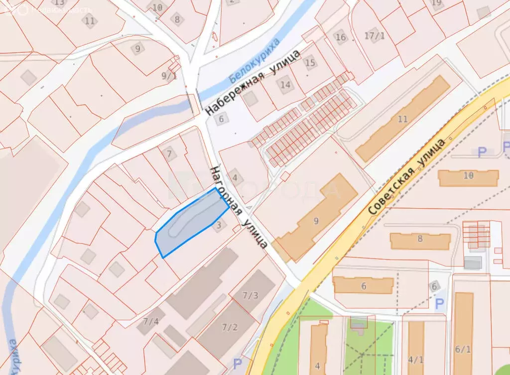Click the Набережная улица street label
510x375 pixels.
pos(254,82)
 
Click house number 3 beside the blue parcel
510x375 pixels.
pos(219,226)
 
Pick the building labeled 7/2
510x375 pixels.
pos(230,327)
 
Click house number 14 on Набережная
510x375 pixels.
pos(285,85)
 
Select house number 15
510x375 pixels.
pos(310,63)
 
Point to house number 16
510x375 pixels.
pos(341,37)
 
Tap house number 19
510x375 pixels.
pos(437,3)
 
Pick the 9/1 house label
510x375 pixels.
pos(169,76)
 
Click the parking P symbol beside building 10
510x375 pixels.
pos(482,152)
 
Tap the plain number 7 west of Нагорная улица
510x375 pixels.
pos(169,154)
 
